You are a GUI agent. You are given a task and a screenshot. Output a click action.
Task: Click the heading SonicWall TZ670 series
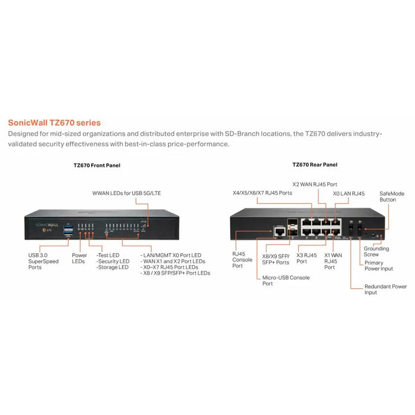coord(54,123)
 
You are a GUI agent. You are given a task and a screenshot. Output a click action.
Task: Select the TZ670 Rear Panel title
coord(315,165)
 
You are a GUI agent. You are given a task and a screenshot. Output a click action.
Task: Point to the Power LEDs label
coord(79,259)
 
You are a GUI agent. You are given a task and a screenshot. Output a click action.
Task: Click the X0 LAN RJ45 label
coord(349,193)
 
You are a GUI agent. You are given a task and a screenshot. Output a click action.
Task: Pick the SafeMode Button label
coord(391,196)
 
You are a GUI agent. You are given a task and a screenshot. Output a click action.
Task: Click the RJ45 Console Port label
coord(243,260)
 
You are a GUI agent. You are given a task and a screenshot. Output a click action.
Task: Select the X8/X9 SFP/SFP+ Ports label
coord(276,259)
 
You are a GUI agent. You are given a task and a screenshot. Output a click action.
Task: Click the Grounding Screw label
coord(376,251)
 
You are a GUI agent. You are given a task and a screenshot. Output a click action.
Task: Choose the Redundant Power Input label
coord(385,289)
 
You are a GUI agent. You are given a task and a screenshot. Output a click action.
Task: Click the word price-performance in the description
coord(196,144)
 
